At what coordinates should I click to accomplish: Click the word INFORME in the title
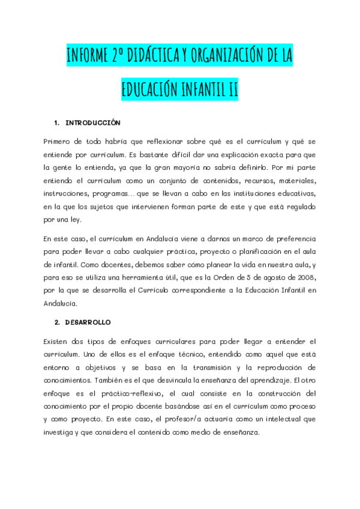pos(88,57)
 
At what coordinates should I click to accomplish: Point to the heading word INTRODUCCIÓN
pos(93,122)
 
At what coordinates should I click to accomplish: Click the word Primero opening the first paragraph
pos(59,141)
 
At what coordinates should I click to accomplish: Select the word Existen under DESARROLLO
pos(58,340)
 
